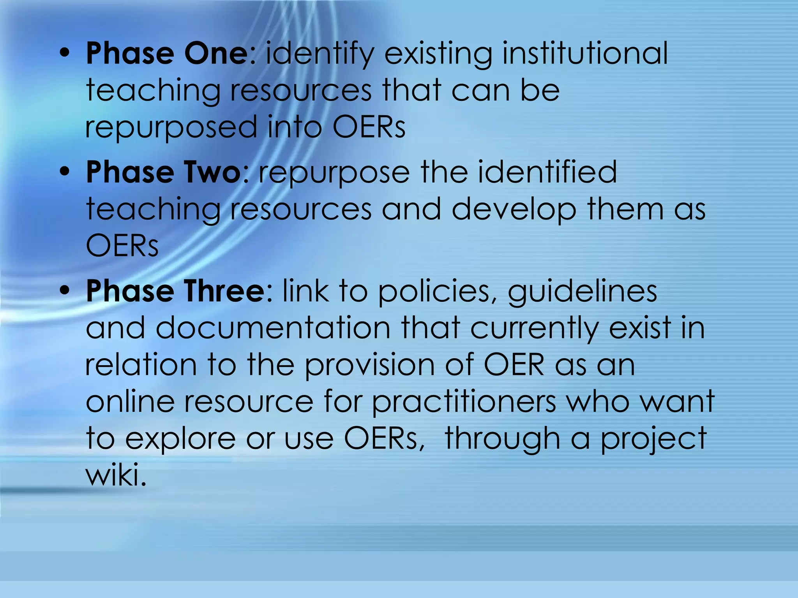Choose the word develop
tap(514, 209)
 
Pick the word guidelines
tap(583, 292)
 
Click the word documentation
tap(273, 328)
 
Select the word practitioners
tap(464, 402)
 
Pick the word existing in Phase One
tap(438, 55)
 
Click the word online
tap(130, 401)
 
